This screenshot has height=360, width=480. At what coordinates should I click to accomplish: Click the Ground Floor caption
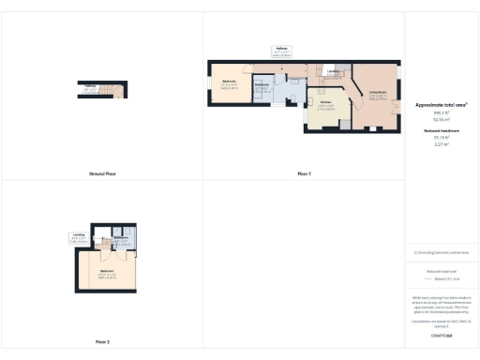[102, 174]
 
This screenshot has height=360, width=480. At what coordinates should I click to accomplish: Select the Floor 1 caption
[304, 174]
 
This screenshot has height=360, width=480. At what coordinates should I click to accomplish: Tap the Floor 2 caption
[102, 341]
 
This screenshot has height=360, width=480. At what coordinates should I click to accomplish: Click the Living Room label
[378, 92]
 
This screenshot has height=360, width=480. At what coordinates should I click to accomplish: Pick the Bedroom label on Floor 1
[229, 82]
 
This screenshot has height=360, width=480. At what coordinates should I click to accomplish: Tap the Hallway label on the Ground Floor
[90, 87]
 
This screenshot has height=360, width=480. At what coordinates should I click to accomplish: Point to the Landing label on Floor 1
[333, 71]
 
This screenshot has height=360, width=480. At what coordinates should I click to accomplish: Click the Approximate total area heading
[442, 106]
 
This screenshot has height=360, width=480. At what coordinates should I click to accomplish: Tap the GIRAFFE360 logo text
[442, 335]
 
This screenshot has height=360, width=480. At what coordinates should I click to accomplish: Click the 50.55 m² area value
[442, 119]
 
